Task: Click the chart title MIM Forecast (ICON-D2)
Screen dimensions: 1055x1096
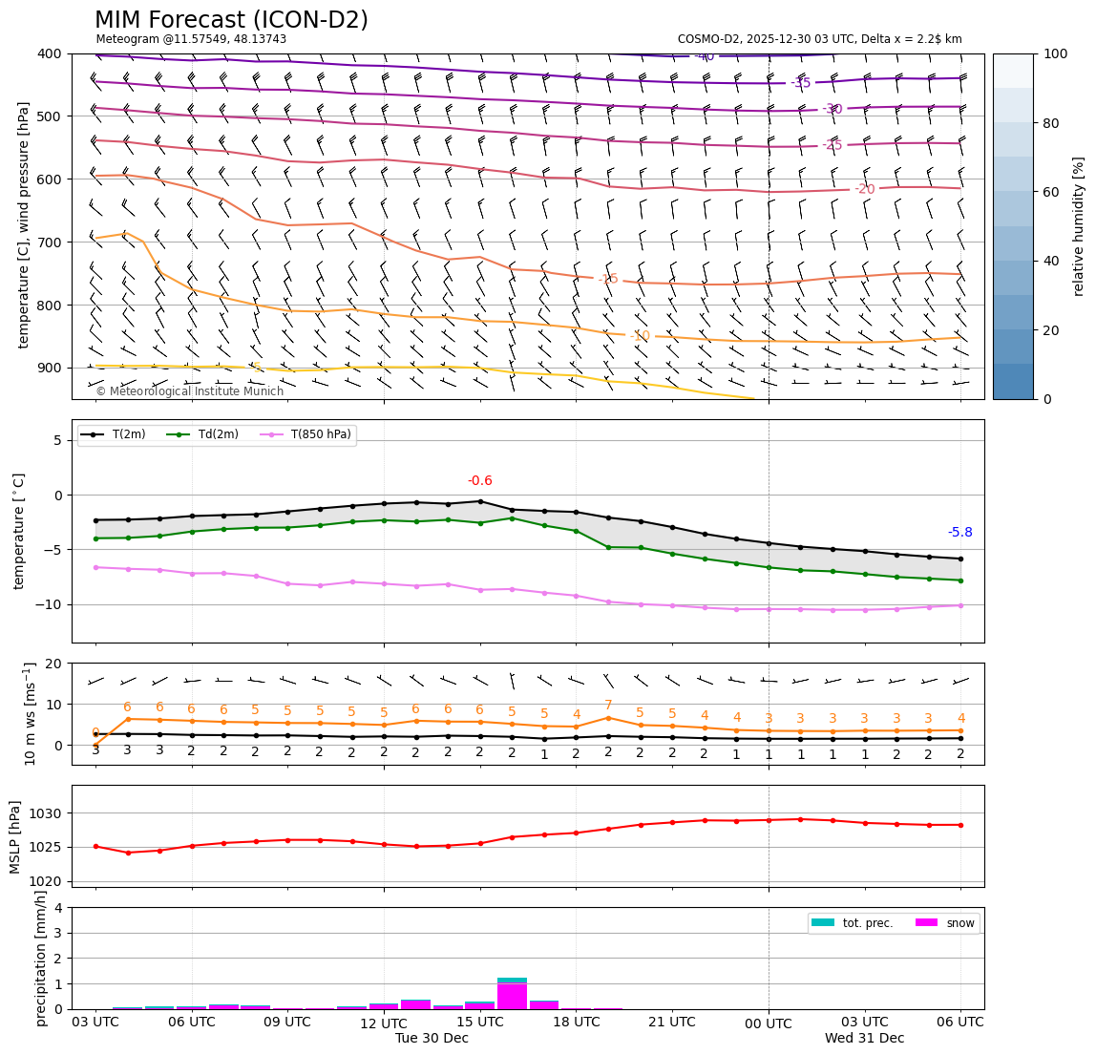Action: coord(231,20)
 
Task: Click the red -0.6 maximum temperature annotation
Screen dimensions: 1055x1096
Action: coord(480,481)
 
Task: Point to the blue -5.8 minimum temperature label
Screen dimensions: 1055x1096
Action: coord(959,533)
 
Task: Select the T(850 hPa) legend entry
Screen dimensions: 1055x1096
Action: coord(319,435)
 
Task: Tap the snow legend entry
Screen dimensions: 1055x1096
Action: coord(959,923)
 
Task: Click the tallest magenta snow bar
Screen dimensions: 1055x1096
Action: coord(512,996)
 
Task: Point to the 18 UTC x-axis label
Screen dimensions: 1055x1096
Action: coord(577,1022)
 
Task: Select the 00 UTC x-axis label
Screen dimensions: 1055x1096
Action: coord(769,1023)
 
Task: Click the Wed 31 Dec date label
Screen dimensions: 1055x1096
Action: coord(864,1039)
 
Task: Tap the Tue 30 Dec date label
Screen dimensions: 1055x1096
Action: coord(432,1039)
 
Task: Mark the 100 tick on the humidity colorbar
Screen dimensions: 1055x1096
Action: coord(1055,53)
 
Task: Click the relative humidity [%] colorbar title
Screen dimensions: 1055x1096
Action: coord(1079,226)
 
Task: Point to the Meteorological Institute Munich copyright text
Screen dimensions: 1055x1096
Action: coord(189,391)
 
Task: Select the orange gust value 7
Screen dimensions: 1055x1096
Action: coord(608,706)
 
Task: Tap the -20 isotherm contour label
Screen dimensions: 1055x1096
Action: coord(864,189)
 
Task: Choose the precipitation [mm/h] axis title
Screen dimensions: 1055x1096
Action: coord(41,958)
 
